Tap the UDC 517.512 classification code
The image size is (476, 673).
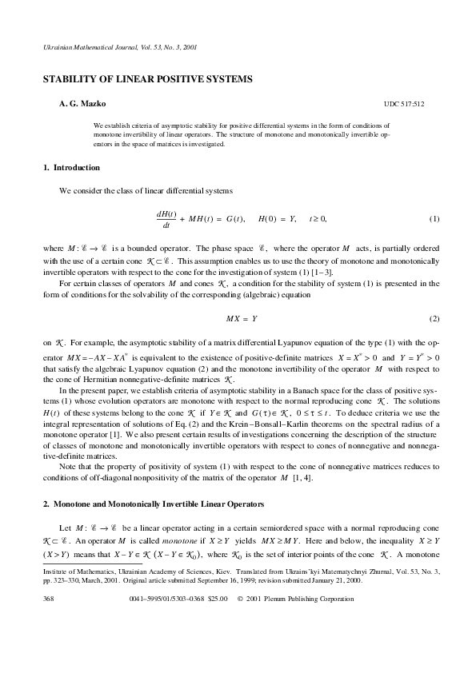pyautogui.click(x=403, y=105)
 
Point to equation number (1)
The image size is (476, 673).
pyautogui.click(x=434, y=219)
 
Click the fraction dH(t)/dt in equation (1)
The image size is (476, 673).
pyautogui.click(x=166, y=220)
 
